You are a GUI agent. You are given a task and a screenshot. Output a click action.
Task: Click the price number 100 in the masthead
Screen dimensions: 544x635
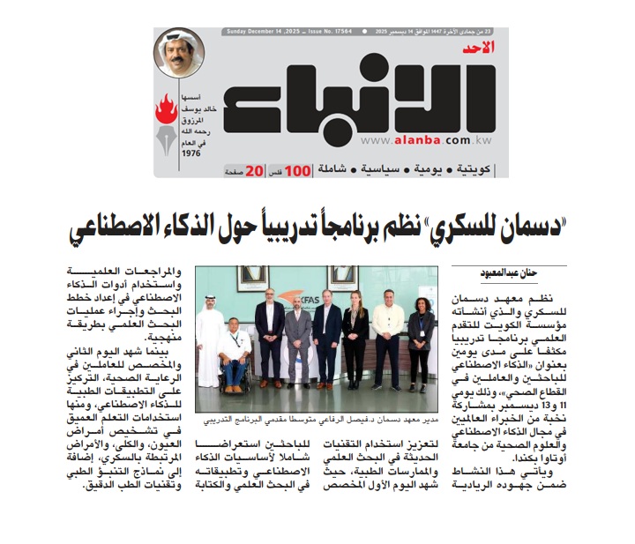pos(298,168)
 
